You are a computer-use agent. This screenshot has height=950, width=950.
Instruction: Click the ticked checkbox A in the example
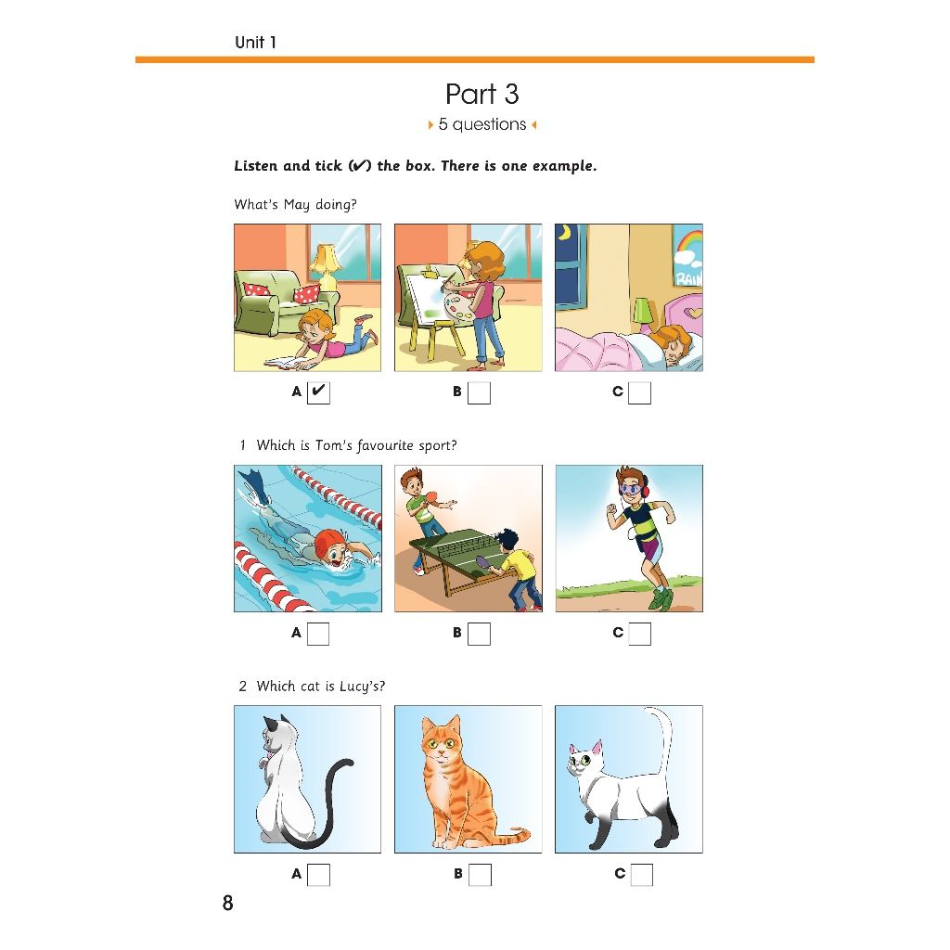point(318,392)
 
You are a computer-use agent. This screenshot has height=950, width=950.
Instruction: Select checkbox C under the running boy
point(639,634)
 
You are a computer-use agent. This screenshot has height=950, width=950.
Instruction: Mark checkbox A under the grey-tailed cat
point(319,875)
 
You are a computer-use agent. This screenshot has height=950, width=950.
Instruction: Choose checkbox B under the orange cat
point(480,875)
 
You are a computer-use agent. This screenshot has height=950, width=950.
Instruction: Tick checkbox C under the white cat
point(642,875)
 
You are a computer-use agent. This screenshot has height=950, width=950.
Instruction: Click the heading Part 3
point(482,94)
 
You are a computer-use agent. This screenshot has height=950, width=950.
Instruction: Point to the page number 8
point(228,903)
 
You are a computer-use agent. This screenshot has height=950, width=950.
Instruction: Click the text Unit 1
point(256,43)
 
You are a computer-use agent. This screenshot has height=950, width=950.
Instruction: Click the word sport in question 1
point(438,446)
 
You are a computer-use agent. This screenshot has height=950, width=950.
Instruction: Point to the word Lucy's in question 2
point(363,687)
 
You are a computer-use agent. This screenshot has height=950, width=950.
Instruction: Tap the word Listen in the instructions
point(256,165)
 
